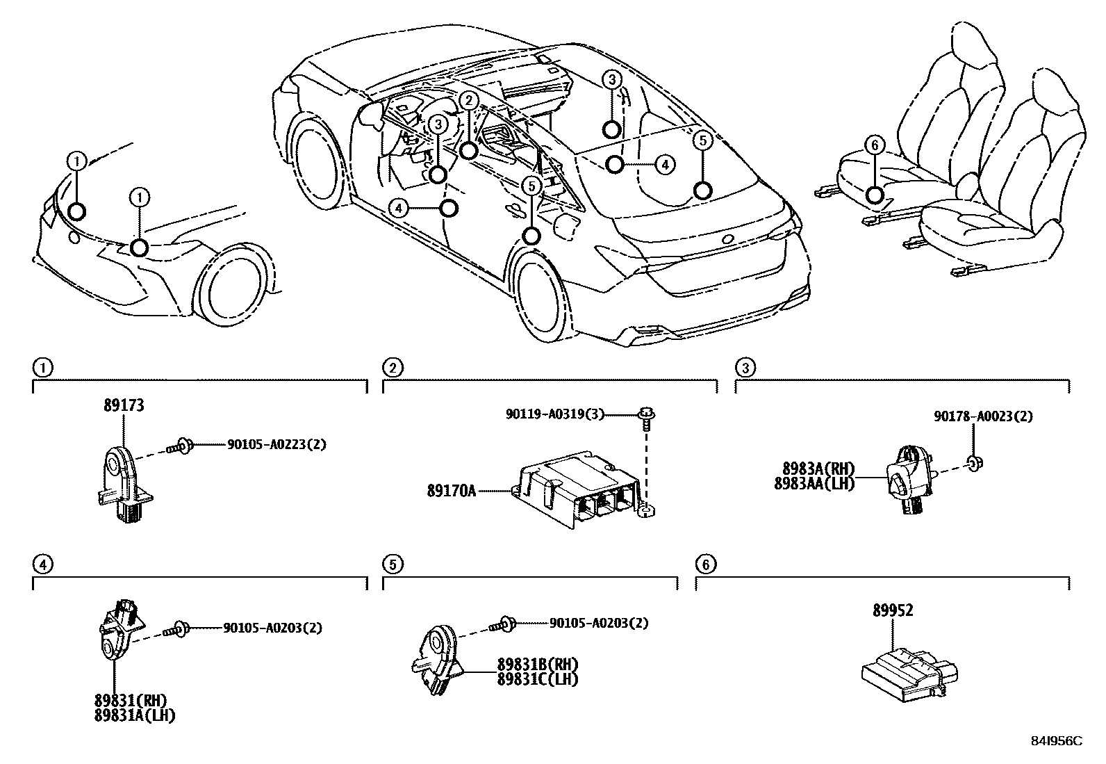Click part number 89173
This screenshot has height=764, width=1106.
pyautogui.click(x=124, y=405)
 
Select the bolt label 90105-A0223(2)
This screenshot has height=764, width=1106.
pyautogui.click(x=276, y=444)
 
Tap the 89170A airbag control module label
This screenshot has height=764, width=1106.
pyautogui.click(x=452, y=491)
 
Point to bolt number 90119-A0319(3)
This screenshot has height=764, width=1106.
pyautogui.click(x=554, y=415)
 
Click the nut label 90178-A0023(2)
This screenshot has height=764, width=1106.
pyautogui.click(x=982, y=417)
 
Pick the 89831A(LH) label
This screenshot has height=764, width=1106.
pyautogui.click(x=135, y=715)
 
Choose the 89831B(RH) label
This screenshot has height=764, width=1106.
pyautogui.click(x=537, y=664)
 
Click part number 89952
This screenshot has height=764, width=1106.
pyautogui.click(x=893, y=610)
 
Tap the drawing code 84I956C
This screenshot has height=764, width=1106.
pyautogui.click(x=1057, y=741)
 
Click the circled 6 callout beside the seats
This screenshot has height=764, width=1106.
pyautogui.click(x=875, y=145)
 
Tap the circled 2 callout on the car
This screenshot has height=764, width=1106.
pyautogui.click(x=469, y=101)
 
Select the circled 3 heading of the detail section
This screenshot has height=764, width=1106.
pyautogui.click(x=745, y=368)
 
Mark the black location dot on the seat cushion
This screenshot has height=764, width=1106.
pyautogui.click(x=875, y=195)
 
